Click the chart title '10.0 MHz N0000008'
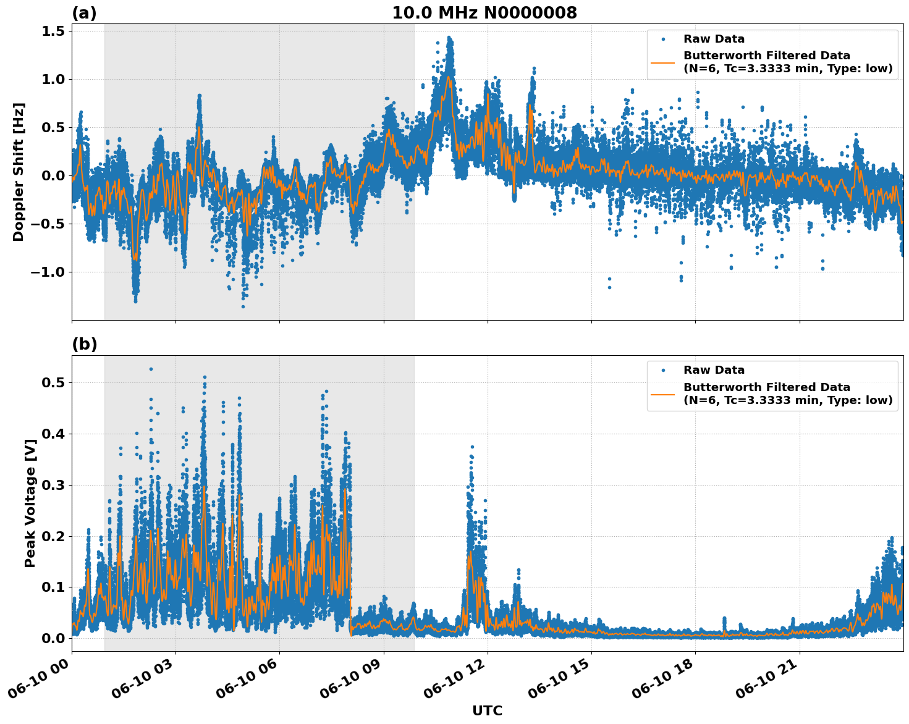pos(484,13)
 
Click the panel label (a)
pos(84,13)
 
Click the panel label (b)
pos(84,344)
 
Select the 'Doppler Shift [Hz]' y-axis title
pos(19,172)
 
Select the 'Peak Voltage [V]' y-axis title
pos(30,503)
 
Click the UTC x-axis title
pos(487,710)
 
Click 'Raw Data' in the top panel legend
pos(714,39)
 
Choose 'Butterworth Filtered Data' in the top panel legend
pos(766,56)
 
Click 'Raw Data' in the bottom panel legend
pos(714,370)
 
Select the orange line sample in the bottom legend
pos(663,394)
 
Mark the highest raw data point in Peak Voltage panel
pos(151,369)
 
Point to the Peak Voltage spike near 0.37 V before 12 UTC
pos(472,447)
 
